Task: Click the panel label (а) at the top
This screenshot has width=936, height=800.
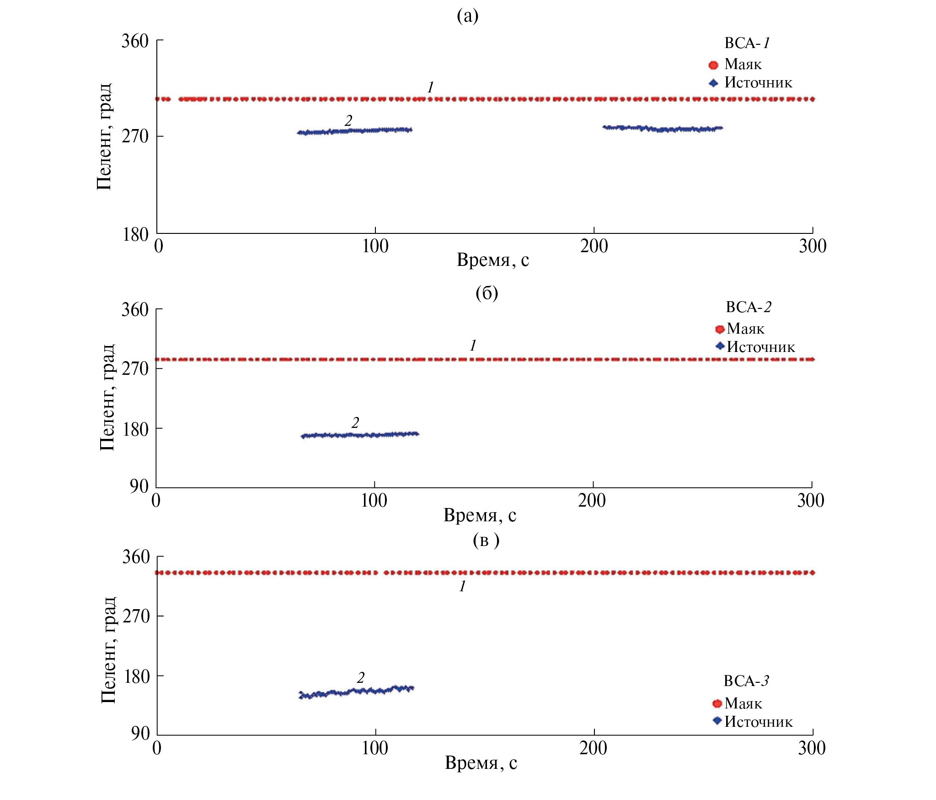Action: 467,16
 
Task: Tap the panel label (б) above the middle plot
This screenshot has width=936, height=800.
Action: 487,292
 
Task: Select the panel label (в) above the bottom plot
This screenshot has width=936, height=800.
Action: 486,540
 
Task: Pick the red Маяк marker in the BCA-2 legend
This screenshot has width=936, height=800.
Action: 720,329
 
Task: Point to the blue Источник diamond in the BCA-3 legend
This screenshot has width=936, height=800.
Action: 717,721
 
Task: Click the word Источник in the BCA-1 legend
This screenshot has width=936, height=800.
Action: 758,83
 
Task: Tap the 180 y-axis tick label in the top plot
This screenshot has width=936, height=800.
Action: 135,235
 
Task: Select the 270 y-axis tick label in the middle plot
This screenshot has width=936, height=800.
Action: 135,368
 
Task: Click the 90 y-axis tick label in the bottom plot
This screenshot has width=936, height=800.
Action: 140,733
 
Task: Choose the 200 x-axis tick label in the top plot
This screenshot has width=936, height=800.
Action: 594,246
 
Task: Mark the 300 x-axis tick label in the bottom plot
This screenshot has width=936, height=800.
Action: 812,748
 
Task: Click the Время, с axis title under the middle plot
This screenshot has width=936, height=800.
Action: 480,515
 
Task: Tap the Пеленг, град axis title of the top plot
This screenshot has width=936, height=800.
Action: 104,136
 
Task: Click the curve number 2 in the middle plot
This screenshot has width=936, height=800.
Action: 355,422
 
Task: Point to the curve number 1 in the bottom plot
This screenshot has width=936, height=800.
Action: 463,586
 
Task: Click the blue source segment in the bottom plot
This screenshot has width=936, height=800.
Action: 357,692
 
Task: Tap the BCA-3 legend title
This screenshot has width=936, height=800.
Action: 746,681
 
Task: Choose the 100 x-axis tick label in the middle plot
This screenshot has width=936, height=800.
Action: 374,500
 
